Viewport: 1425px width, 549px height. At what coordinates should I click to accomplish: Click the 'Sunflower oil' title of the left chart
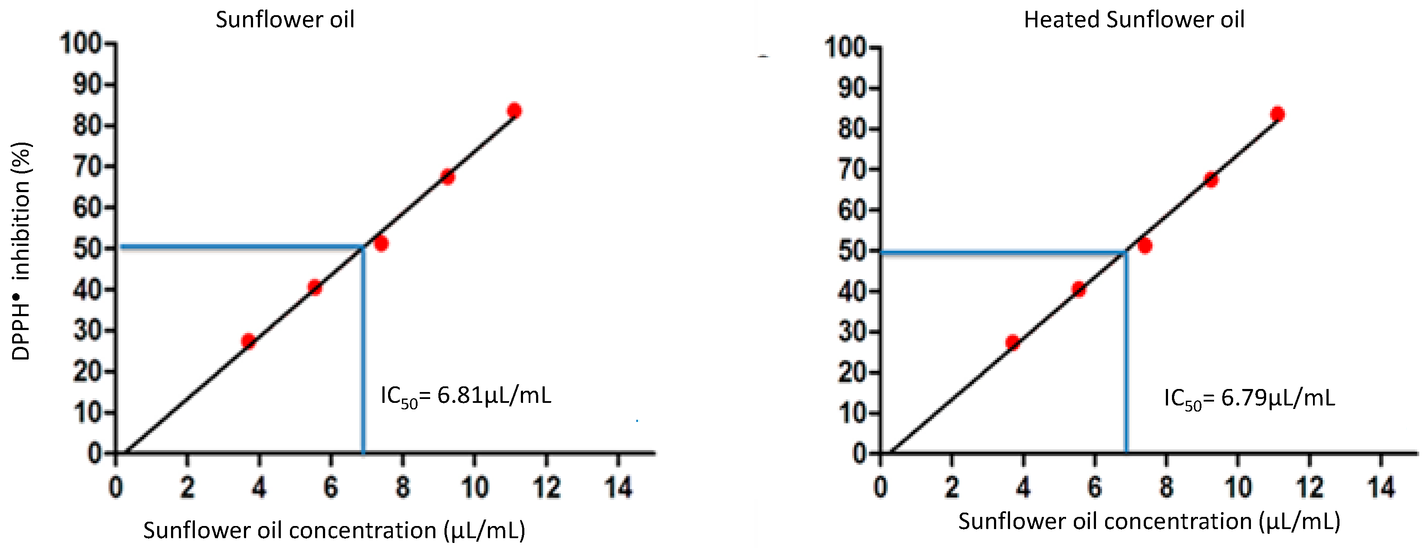point(284,20)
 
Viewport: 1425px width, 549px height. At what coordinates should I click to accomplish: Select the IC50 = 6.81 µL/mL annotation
point(466,396)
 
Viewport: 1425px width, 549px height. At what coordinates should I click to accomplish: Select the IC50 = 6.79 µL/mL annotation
point(1249,399)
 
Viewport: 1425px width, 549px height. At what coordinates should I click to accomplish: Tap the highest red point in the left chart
point(514,111)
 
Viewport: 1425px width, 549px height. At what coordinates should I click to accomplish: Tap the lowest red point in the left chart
point(248,340)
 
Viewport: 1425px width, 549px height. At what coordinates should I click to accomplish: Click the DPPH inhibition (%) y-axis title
point(21,252)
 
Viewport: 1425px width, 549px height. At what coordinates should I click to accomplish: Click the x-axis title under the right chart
point(1149,521)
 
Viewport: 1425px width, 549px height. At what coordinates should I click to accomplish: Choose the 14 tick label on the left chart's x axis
point(618,487)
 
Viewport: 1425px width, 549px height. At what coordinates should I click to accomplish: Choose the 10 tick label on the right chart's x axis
point(1238,487)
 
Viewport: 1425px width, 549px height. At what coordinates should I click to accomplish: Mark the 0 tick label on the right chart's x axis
point(880,487)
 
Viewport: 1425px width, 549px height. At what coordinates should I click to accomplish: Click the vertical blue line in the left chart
point(363,354)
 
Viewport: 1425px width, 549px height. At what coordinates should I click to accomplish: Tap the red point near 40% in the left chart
point(315,288)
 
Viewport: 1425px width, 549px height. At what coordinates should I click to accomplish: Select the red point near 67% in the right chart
point(1211,180)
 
